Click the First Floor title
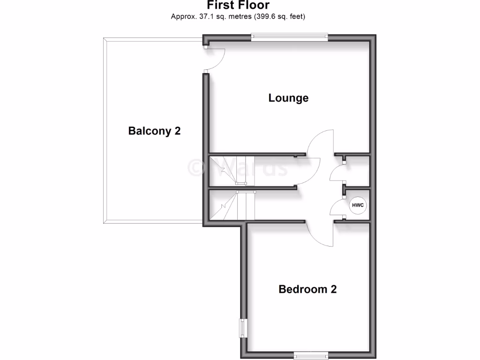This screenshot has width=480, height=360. (x=239, y=5)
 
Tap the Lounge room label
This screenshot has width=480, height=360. (x=288, y=98)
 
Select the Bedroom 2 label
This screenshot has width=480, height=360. (x=307, y=289)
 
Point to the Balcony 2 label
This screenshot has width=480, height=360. (x=154, y=131)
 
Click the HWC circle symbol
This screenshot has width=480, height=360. (x=358, y=205)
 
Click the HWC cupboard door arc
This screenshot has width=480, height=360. (x=337, y=208)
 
